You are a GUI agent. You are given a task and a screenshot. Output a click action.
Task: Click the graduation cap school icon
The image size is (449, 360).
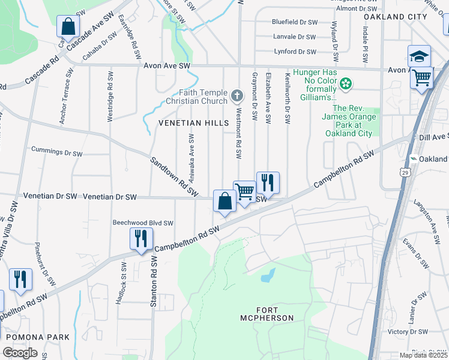[x=418, y=56]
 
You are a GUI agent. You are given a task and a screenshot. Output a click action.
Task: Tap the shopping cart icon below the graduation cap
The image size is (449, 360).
[x=422, y=77]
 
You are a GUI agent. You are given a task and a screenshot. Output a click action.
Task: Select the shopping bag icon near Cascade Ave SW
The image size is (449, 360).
[x=68, y=26]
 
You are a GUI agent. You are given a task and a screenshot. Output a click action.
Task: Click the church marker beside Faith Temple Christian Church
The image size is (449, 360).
[x=237, y=95]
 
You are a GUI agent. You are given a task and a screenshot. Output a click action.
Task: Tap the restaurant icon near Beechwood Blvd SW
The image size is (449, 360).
[x=141, y=239]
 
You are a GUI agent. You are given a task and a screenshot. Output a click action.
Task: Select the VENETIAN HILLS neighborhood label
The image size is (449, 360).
[x=194, y=122]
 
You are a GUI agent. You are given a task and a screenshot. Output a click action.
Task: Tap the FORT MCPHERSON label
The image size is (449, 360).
[x=267, y=317]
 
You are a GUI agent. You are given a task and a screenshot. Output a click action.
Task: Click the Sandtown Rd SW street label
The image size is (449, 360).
[x=174, y=177]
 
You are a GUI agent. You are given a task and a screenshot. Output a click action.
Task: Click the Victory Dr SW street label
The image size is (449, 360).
[x=408, y=331]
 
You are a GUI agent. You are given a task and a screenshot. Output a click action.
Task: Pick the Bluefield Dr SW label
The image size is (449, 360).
[x=294, y=22]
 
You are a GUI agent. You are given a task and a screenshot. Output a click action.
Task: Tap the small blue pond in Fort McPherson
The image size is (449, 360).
[x=268, y=276]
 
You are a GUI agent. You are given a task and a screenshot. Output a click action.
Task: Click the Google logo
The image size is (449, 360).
[x=20, y=353]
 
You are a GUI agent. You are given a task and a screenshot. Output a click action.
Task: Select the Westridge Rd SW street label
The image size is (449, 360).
[x=110, y=97]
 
